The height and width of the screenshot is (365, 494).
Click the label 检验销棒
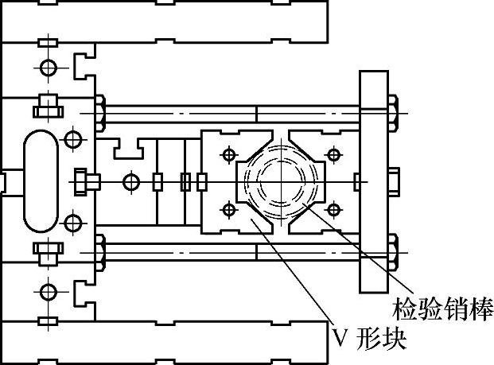[x=443, y=307]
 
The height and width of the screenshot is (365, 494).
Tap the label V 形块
[x=369, y=341]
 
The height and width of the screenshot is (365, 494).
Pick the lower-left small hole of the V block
[x=229, y=210]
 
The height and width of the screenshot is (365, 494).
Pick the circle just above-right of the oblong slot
[x=73, y=140]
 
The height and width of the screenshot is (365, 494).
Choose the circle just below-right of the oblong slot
[x=73, y=223]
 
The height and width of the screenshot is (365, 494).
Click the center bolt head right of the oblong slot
[x=84, y=181]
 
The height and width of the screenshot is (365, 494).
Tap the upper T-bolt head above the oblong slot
[x=46, y=103]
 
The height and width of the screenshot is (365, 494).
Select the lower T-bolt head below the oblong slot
[x=46, y=254]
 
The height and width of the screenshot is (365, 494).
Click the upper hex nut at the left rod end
[x=100, y=112]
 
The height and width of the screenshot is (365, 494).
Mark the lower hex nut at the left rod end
[x=100, y=251]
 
